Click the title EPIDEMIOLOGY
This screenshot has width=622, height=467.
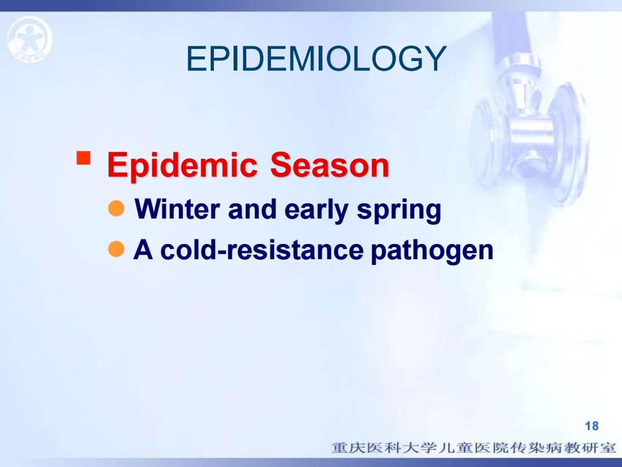tap(316, 58)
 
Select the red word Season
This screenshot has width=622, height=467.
tap(329, 165)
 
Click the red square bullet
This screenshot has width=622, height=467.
tap(83, 158)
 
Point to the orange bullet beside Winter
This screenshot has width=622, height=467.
tap(116, 208)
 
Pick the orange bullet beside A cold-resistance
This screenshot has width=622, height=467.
tap(116, 249)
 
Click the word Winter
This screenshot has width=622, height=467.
tap(177, 208)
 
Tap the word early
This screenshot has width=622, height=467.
tap(317, 210)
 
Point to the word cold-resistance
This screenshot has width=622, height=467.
tap(261, 250)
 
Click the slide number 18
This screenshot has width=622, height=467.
tap(592, 426)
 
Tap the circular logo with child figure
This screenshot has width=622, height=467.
tap(30, 39)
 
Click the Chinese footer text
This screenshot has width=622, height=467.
tap(474, 448)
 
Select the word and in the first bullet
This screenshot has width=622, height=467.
tap(253, 209)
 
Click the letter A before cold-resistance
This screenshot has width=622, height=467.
tap(143, 250)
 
